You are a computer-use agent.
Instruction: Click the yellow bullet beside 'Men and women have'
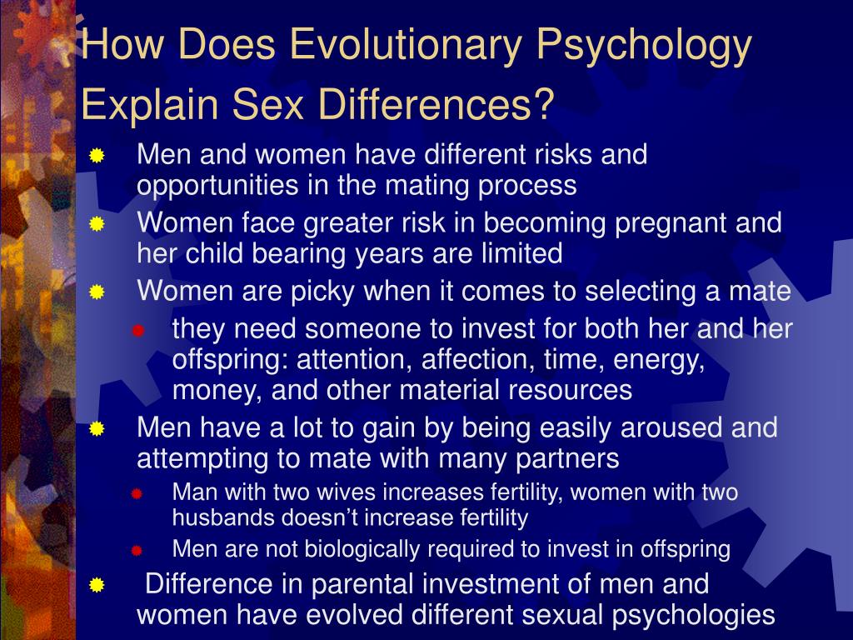(x=97, y=156)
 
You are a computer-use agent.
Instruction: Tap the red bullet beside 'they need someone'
(x=138, y=331)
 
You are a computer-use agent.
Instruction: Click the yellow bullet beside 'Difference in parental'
(x=97, y=585)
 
